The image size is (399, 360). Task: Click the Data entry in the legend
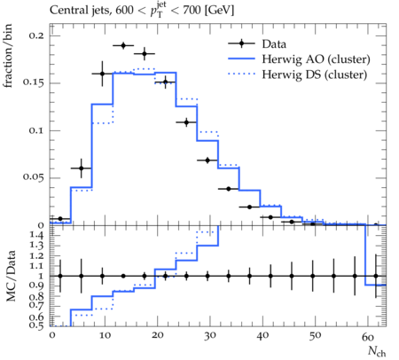[x=274, y=44]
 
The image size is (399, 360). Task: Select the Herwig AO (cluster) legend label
[x=316, y=59]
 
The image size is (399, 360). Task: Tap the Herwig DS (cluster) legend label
[x=315, y=74]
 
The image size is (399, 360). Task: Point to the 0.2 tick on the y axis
[x=36, y=35]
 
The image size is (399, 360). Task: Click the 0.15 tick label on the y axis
[x=33, y=83]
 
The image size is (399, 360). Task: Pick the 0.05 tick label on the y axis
[x=33, y=177]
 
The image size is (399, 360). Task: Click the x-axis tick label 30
[x=209, y=336]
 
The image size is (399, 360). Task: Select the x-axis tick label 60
[x=368, y=336]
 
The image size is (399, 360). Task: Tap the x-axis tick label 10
[x=105, y=336]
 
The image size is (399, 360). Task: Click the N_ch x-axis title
[x=377, y=351]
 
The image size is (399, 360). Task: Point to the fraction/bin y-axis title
[x=8, y=56]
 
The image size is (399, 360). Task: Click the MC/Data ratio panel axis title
[x=11, y=276]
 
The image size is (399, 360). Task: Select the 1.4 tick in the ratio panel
[x=36, y=236]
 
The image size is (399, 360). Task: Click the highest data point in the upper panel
[x=123, y=45]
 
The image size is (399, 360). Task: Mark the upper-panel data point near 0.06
[x=82, y=168]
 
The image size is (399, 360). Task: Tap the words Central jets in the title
[x=79, y=11]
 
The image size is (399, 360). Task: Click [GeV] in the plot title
[x=219, y=11]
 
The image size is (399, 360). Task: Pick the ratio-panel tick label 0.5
[x=36, y=325]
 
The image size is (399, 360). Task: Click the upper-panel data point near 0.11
[x=186, y=122]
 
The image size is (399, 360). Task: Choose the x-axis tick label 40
[x=262, y=336]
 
